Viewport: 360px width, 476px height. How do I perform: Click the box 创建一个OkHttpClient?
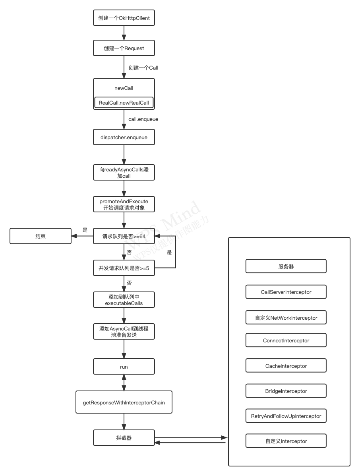124,18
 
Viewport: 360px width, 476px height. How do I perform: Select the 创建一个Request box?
124,48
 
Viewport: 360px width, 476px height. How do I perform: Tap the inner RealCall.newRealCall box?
124,103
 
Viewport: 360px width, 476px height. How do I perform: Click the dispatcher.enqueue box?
124,137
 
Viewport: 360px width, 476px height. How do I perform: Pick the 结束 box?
41,236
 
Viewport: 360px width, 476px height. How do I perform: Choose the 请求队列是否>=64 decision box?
124,236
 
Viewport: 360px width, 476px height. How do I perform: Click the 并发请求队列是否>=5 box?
124,268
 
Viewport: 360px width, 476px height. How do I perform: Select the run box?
124,367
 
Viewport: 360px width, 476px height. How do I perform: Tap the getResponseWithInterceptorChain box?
124,402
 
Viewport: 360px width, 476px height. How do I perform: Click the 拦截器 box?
124,438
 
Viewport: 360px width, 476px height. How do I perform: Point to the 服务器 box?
286,266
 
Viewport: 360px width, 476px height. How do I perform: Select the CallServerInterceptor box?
286,292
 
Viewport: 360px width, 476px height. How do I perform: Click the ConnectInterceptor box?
286,340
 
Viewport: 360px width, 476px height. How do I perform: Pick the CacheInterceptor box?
286,366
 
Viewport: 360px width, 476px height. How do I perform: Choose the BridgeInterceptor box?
286,391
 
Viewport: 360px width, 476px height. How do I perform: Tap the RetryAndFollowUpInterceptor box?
286,416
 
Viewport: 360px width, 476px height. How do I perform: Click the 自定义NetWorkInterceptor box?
286,318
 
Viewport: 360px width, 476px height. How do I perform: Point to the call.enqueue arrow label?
143,119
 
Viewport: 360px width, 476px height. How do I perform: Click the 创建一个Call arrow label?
143,68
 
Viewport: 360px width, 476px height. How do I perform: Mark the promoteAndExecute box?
124,205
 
